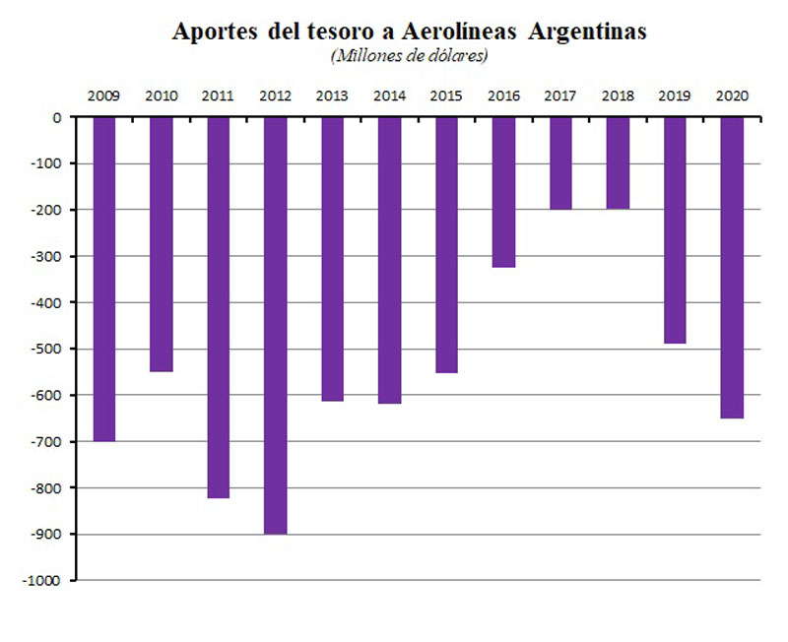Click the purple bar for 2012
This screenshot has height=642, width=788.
(275, 325)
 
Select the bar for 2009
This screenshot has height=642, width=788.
(103, 279)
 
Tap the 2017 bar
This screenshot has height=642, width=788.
(560, 162)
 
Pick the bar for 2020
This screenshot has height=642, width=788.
(732, 267)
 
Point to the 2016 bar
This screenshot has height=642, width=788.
(503, 192)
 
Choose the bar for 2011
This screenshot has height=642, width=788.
(218, 307)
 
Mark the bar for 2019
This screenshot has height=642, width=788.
(675, 229)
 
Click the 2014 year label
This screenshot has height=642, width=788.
(389, 96)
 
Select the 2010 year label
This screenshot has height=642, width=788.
(161, 96)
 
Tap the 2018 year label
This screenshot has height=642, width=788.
(618, 96)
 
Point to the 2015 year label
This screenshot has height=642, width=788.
(446, 96)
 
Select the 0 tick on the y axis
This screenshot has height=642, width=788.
(57, 118)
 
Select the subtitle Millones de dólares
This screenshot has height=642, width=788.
(411, 55)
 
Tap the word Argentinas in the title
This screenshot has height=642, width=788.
(587, 32)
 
